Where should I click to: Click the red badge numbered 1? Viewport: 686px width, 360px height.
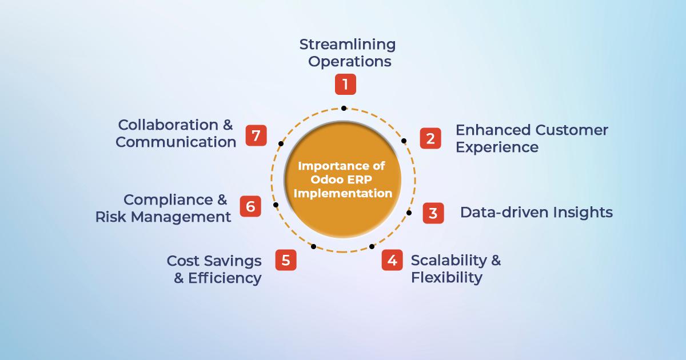pyautogui.click(x=345, y=84)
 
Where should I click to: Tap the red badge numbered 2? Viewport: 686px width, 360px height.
pyautogui.click(x=430, y=138)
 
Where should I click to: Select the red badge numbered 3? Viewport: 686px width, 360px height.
pyautogui.click(x=433, y=213)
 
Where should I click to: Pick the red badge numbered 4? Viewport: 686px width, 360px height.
pyautogui.click(x=392, y=260)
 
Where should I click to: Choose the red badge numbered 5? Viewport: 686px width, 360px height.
pyautogui.click(x=286, y=260)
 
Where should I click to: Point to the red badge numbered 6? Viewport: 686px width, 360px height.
pyautogui.click(x=250, y=206)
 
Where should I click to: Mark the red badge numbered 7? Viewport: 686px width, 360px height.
pyautogui.click(x=256, y=135)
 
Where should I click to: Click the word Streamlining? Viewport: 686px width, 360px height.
pyautogui.click(x=348, y=45)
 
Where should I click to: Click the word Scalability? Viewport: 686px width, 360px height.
pyautogui.click(x=449, y=261)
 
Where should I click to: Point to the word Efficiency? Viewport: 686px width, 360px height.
pyautogui.click(x=225, y=279)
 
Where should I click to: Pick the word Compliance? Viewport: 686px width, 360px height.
pyautogui.click(x=168, y=200)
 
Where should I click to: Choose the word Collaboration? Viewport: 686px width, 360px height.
pyautogui.click(x=168, y=125)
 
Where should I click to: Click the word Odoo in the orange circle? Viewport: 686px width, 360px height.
pyautogui.click(x=326, y=179)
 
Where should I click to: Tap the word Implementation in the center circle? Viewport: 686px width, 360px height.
pyautogui.click(x=343, y=194)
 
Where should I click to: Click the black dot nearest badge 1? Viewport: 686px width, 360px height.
pyautogui.click(x=344, y=109)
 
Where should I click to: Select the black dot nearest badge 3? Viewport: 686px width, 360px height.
pyautogui.click(x=409, y=213)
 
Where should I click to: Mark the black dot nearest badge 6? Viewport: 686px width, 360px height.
pyautogui.click(x=276, y=205)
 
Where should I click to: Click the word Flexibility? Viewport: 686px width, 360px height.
pyautogui.click(x=446, y=278)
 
